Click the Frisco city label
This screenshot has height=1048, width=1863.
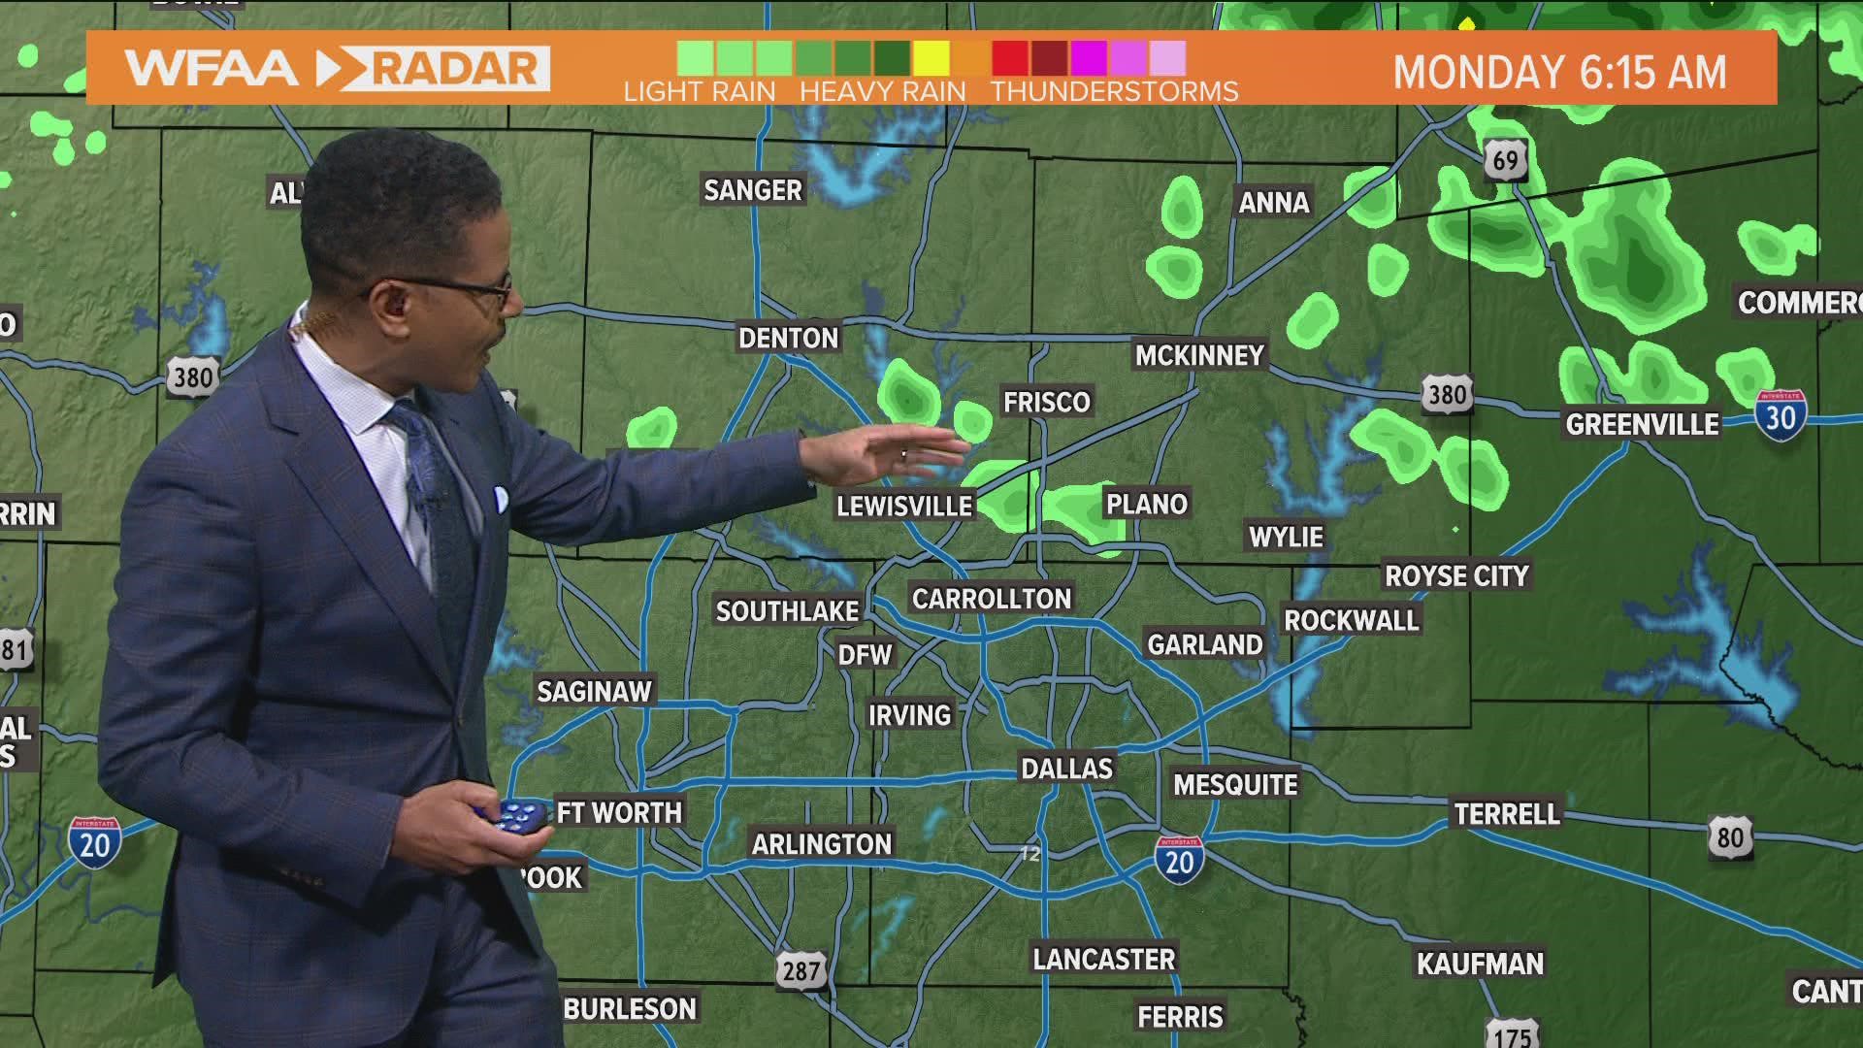(1047, 402)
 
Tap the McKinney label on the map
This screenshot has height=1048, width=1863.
(1199, 355)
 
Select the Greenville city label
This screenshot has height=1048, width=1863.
(1642, 424)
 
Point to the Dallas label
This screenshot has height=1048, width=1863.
(1066, 769)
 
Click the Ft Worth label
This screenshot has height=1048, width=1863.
(619, 812)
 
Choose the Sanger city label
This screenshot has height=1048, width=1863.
(753, 190)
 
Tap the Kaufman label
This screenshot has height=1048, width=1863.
(1480, 964)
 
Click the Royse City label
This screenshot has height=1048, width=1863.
(1455, 575)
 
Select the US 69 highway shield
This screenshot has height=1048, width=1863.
(1505, 160)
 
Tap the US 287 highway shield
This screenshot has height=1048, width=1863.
(801, 970)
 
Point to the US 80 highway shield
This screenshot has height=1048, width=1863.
(1730, 837)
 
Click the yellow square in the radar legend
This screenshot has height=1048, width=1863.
(931, 59)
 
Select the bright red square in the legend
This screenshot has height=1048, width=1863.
(1010, 59)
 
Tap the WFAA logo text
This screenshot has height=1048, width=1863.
(212, 69)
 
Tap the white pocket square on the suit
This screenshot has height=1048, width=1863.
(501, 500)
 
